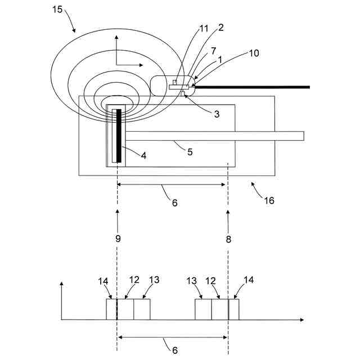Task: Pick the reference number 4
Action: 143,155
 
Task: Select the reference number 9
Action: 118,238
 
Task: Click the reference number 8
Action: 228,238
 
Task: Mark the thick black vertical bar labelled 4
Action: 119,136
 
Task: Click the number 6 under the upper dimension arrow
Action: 174,202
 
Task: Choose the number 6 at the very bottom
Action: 175,350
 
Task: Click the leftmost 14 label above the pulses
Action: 103,281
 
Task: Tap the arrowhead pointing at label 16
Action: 253,183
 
